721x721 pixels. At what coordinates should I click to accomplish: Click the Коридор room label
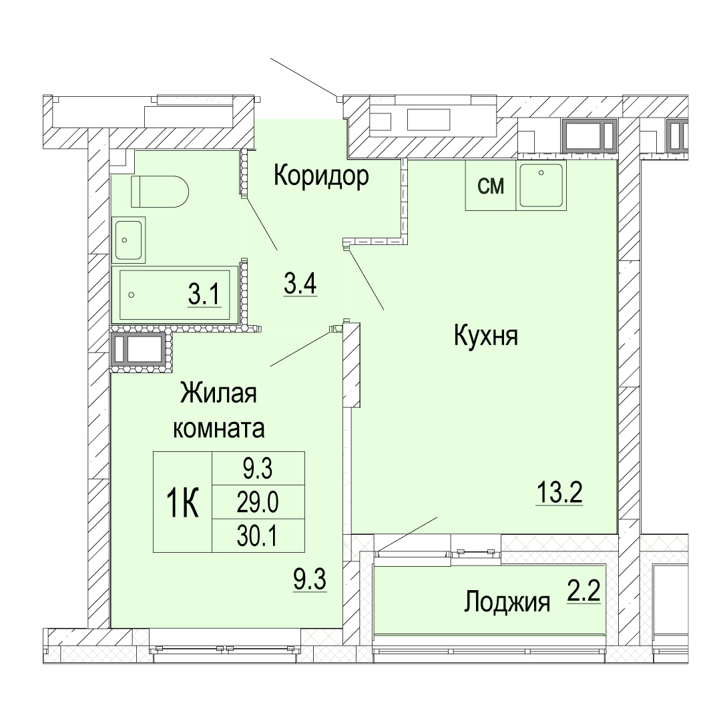[321, 176]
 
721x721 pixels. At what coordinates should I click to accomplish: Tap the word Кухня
[485, 335]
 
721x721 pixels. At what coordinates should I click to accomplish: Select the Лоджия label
[507, 602]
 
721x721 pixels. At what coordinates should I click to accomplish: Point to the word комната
[218, 429]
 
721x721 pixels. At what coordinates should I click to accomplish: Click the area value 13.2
[559, 493]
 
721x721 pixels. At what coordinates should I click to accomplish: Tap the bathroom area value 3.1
[205, 295]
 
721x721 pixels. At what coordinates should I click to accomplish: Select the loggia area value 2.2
[583, 591]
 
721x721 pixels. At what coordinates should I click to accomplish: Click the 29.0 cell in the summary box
[258, 502]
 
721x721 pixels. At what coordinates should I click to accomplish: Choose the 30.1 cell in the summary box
[258, 535]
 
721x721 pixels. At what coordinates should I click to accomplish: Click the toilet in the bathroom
[160, 192]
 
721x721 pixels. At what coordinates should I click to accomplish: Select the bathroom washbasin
[128, 240]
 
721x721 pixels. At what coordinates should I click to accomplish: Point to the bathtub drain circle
[132, 295]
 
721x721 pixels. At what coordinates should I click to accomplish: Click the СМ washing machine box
[491, 186]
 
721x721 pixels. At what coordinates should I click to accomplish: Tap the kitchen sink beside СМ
[541, 186]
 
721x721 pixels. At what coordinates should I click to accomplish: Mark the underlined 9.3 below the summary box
[310, 579]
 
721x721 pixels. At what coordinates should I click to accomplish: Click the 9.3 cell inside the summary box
[258, 469]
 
